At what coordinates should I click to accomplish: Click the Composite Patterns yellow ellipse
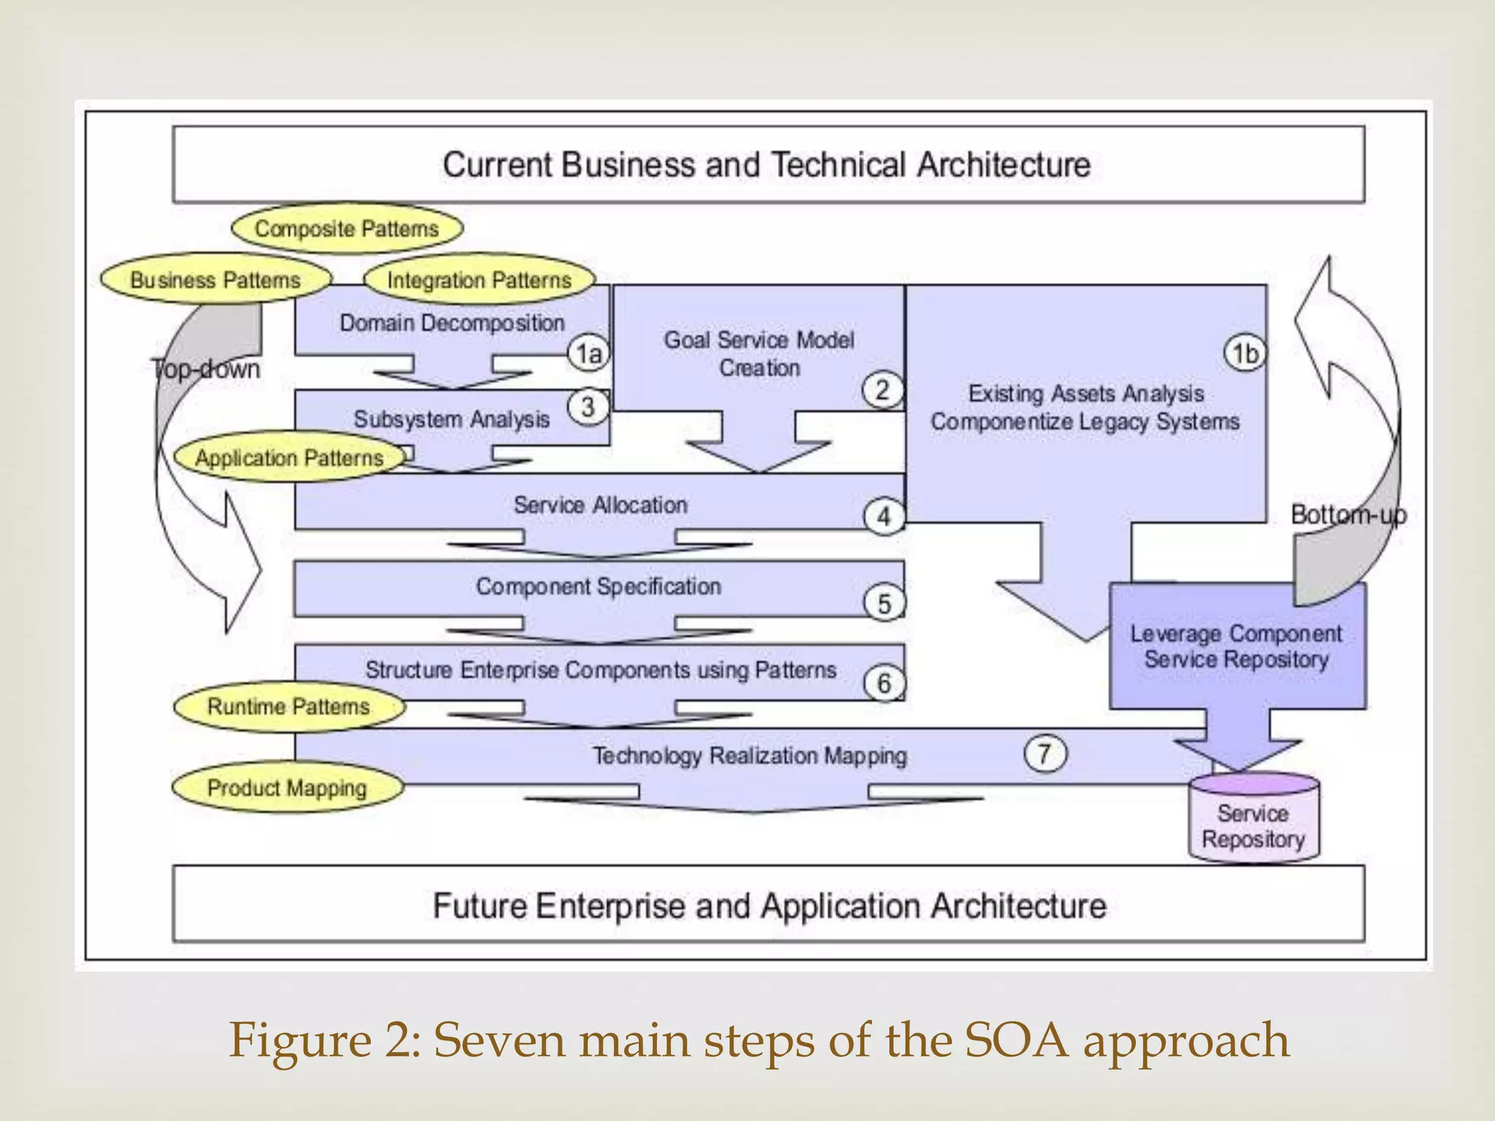click(x=347, y=228)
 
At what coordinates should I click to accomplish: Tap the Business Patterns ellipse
click(x=215, y=280)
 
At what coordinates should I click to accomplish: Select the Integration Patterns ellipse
click(x=479, y=280)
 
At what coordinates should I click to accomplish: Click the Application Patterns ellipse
click(x=289, y=458)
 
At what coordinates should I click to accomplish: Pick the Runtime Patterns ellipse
click(x=288, y=706)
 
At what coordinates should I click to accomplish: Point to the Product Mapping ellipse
click(x=287, y=788)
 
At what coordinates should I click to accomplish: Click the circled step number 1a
click(x=588, y=354)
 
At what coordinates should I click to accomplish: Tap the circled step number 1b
click(x=1245, y=353)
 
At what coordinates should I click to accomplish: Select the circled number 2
click(x=882, y=390)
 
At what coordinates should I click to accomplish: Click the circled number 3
click(x=588, y=407)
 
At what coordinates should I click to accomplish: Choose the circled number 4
click(x=884, y=517)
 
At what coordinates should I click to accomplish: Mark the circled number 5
click(x=884, y=604)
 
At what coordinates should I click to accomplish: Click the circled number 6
click(x=884, y=684)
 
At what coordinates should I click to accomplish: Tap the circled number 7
click(x=1044, y=753)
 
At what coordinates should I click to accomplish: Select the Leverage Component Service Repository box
click(x=1237, y=647)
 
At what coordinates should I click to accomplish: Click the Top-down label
click(x=206, y=369)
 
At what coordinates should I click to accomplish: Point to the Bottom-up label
click(x=1348, y=515)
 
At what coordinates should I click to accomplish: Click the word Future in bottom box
click(x=480, y=906)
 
